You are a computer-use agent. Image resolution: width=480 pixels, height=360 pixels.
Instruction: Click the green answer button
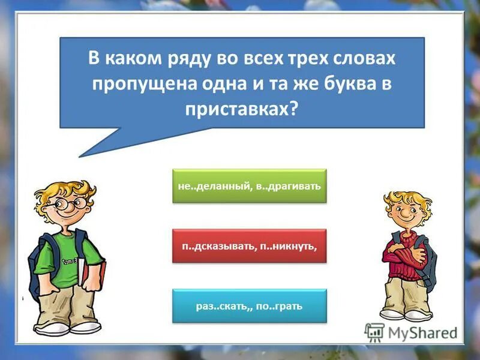(249, 185)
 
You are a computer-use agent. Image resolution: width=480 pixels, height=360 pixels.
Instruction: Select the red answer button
(249, 245)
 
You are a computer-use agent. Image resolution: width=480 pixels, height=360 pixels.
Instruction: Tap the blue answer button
(249, 306)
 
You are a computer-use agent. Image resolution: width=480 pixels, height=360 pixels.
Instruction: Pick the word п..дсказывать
(218, 246)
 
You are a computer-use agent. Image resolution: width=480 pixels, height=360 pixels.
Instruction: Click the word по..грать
(281, 307)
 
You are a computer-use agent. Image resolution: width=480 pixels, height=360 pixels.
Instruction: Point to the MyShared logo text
(420, 332)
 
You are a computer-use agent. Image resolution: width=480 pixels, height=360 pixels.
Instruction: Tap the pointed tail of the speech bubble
(84, 152)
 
